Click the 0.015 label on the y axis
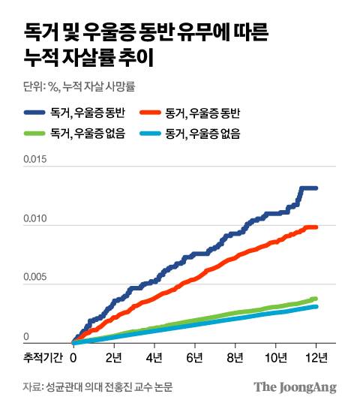click(x=36, y=158)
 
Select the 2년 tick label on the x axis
click(x=114, y=356)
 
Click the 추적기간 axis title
click(x=42, y=356)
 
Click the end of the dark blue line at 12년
click(x=316, y=188)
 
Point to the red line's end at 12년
click(x=316, y=227)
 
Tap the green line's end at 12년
click(x=316, y=299)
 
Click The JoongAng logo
click(x=295, y=387)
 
